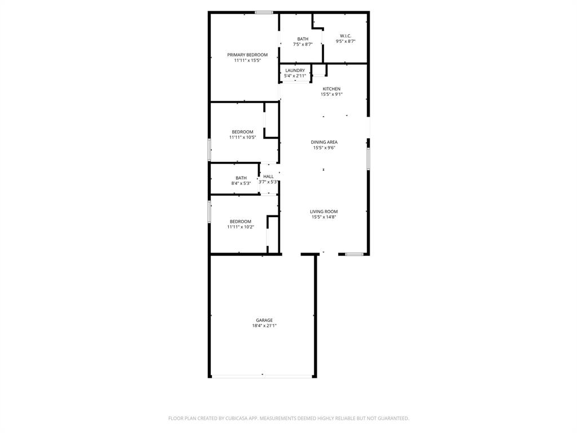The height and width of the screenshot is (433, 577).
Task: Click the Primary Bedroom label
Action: (x=247, y=55)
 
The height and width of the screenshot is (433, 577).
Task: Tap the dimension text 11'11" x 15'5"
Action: (x=247, y=60)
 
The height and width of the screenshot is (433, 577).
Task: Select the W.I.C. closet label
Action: (x=345, y=36)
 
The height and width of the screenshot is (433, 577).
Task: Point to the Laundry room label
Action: (x=295, y=70)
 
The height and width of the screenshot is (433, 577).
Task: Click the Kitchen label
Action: (x=331, y=89)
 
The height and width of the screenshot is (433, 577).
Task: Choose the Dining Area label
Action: (x=324, y=142)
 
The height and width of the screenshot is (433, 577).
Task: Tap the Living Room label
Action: (x=324, y=211)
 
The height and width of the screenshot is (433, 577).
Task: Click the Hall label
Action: (x=268, y=176)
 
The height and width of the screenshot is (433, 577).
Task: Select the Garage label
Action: (x=264, y=320)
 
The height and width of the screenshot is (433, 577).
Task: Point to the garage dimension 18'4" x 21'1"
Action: (x=264, y=326)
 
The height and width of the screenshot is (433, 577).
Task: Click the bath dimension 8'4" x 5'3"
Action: (x=241, y=183)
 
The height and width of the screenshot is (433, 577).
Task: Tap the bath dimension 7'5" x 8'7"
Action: (x=303, y=45)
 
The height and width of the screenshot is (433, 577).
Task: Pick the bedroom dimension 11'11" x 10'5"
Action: (x=242, y=137)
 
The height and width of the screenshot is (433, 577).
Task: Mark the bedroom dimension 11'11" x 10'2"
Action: (x=241, y=227)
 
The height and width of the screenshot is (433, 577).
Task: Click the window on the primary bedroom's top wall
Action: (x=264, y=12)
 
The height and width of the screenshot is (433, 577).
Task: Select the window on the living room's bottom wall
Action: (x=354, y=254)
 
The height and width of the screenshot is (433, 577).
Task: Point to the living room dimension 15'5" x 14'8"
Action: (x=324, y=217)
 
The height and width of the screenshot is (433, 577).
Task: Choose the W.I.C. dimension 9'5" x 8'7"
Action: (x=345, y=41)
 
